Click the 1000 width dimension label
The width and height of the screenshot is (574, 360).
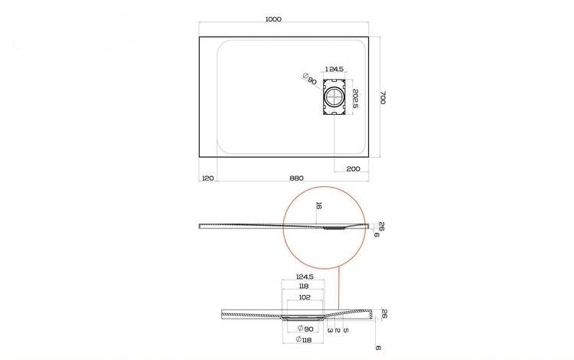(x=273, y=19)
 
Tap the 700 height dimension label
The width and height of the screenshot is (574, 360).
(x=383, y=97)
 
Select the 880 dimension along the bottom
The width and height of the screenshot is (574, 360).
(x=296, y=178)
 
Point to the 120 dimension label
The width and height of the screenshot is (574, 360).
(x=207, y=178)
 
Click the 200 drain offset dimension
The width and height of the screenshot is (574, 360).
(x=354, y=169)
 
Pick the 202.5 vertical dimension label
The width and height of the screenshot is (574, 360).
(x=354, y=99)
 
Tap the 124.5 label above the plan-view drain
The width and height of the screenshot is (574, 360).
(x=334, y=69)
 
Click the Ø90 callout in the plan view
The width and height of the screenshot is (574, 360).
(x=310, y=78)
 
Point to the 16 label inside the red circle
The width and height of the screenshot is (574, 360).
(x=318, y=206)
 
